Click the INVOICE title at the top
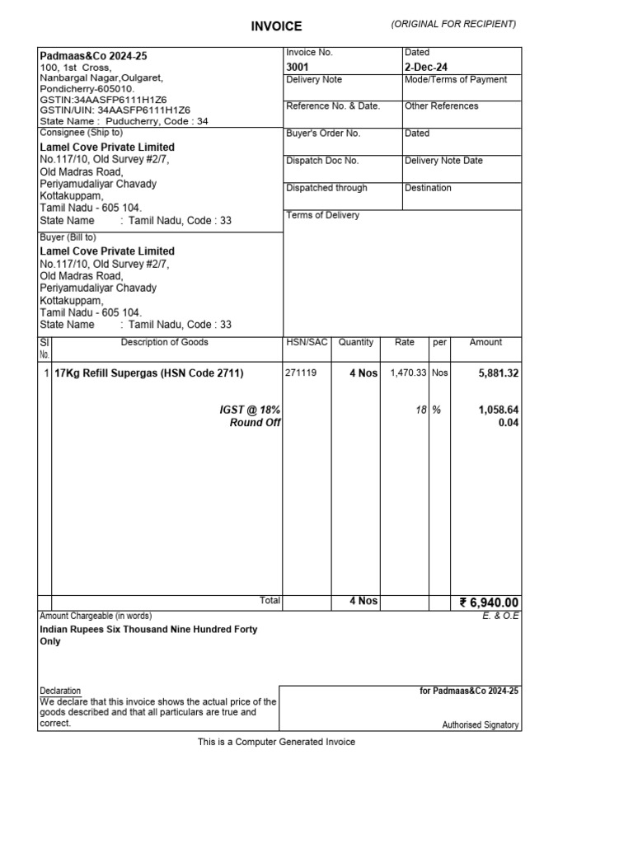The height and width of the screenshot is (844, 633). coord(276,26)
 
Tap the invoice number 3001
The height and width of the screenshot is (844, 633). coord(298,66)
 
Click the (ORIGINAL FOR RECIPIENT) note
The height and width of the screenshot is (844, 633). coord(454,24)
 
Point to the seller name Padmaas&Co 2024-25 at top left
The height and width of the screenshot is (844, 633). coord(94,56)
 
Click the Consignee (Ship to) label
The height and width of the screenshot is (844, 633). coord(82,133)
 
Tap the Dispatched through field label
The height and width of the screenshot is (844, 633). coord(326,188)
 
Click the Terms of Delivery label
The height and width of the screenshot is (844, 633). coord(323,215)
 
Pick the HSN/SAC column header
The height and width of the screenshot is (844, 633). coord(307,342)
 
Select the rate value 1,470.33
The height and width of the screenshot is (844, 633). coord(408,373)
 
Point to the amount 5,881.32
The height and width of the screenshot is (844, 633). coord(499,373)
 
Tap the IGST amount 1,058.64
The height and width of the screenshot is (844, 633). coord(499,410)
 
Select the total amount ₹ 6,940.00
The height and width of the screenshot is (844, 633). coord(490,603)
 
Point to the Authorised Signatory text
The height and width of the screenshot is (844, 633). coord(481,725)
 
